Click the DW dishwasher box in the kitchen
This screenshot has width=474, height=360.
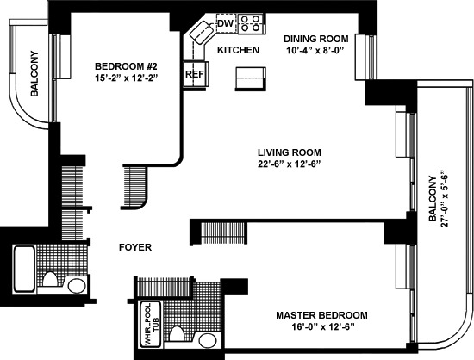tap(226, 23)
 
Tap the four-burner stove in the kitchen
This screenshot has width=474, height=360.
tap(250, 22)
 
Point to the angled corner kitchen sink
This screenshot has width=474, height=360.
tap(203, 35)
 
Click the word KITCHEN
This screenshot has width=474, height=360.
tap(238, 51)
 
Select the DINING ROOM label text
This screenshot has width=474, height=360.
tap(317, 39)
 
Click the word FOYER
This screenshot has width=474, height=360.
tap(135, 247)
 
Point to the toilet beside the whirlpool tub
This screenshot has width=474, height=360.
tap(178, 334)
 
